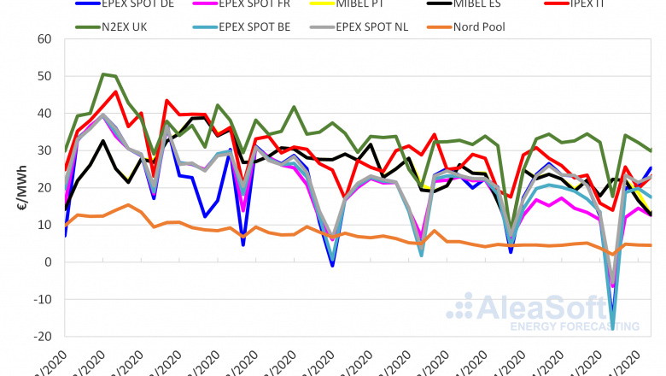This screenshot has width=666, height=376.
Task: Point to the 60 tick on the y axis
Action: coord(44,39)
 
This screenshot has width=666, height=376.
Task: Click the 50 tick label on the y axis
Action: coord(44,76)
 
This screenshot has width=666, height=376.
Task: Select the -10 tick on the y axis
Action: coord(43,299)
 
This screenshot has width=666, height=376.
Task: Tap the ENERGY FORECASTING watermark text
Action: coord(572,326)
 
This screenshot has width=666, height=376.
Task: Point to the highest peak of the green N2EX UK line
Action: coord(102,74)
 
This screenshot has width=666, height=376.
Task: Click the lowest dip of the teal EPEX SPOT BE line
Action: coord(612,328)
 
